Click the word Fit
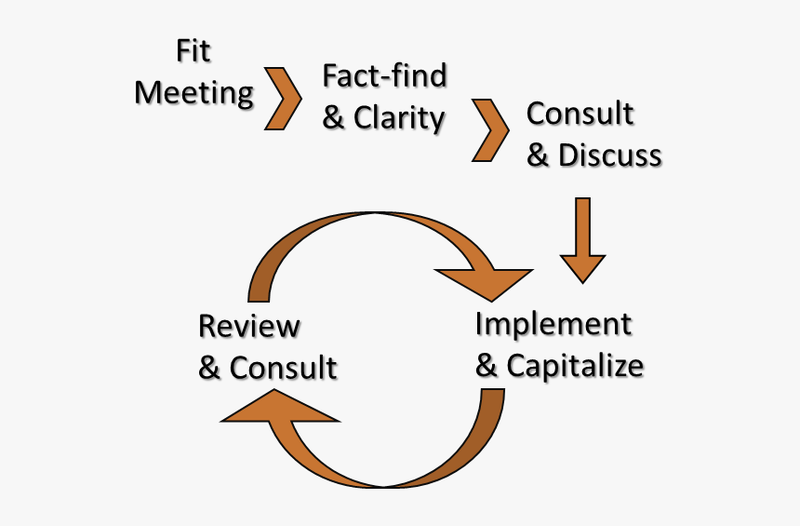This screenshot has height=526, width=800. tap(193, 50)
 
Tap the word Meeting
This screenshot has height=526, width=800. tap(193, 93)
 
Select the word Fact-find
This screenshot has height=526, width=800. tap(384, 75)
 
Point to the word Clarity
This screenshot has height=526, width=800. tap(399, 118)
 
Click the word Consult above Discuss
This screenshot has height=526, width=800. tap(580, 114)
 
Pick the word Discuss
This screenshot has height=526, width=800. tap(609, 155)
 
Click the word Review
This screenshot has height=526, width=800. tap(249, 327)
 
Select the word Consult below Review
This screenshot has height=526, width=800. tap(283, 368)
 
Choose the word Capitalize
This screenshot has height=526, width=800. tap(574, 366)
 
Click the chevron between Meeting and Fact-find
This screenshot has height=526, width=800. tap(284, 98)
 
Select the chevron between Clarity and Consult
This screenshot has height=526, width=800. tap(490, 129)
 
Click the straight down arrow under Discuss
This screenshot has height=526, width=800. tap(583, 239)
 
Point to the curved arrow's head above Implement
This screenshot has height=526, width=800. tap(484, 279)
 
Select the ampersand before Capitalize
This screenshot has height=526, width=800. tap(487, 367)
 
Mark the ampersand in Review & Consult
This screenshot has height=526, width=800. tap(210, 369)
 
